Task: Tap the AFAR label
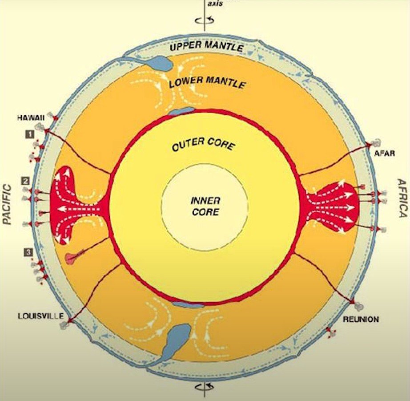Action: click(x=385, y=153)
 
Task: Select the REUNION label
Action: click(x=361, y=319)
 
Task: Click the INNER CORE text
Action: click(x=205, y=207)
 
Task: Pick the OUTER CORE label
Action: click(x=202, y=145)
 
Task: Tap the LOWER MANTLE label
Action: click(x=207, y=82)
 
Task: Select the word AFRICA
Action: click(x=402, y=198)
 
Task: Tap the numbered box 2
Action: click(x=26, y=181)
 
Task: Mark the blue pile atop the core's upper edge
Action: click(x=181, y=110)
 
